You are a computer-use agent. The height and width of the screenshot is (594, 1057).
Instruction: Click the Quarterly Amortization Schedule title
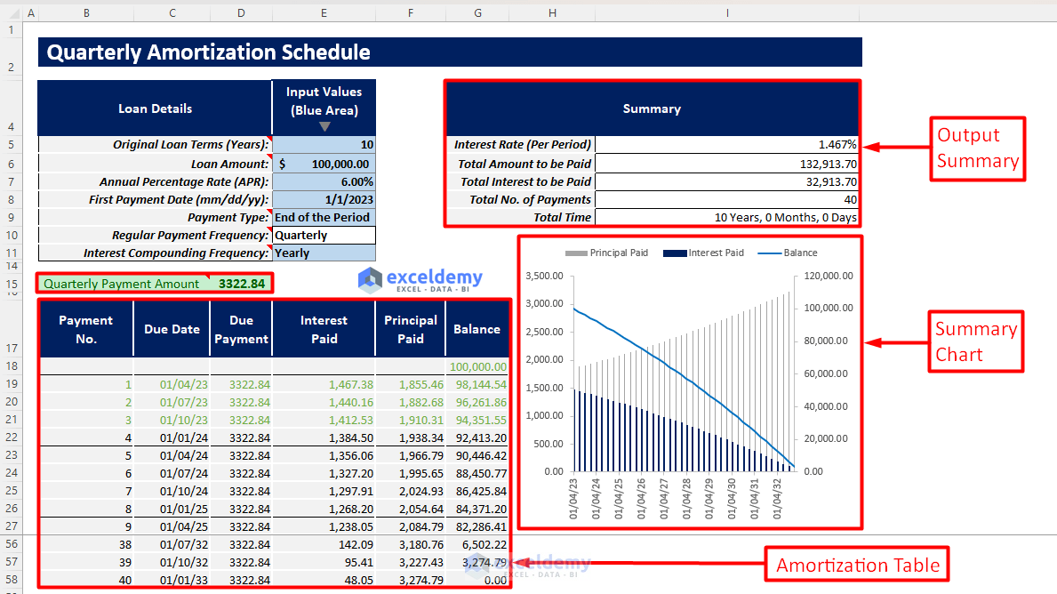tap(208, 52)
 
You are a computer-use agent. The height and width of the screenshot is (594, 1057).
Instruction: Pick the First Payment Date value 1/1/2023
tap(349, 199)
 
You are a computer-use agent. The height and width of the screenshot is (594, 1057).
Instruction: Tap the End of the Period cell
tap(322, 217)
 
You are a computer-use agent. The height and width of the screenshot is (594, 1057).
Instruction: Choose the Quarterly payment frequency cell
tap(302, 236)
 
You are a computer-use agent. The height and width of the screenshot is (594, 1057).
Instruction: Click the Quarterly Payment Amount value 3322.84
tap(241, 284)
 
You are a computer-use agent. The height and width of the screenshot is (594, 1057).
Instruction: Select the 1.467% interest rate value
tap(837, 145)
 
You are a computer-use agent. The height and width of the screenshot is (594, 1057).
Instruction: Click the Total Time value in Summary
tap(786, 217)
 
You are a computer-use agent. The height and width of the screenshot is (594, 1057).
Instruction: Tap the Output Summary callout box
tap(977, 148)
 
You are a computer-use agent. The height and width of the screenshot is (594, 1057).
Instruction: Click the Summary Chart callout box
tap(975, 341)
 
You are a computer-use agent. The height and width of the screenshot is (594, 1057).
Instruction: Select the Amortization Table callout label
tap(857, 566)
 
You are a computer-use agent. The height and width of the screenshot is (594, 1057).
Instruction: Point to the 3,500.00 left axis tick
tap(545, 276)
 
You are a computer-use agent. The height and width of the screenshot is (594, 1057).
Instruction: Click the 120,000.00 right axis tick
tap(828, 276)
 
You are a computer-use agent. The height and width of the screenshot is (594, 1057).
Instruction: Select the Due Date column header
tap(172, 329)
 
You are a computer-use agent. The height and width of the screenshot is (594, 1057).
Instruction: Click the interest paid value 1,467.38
tap(349, 384)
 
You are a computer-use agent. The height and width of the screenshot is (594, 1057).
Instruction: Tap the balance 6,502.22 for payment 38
tap(484, 544)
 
